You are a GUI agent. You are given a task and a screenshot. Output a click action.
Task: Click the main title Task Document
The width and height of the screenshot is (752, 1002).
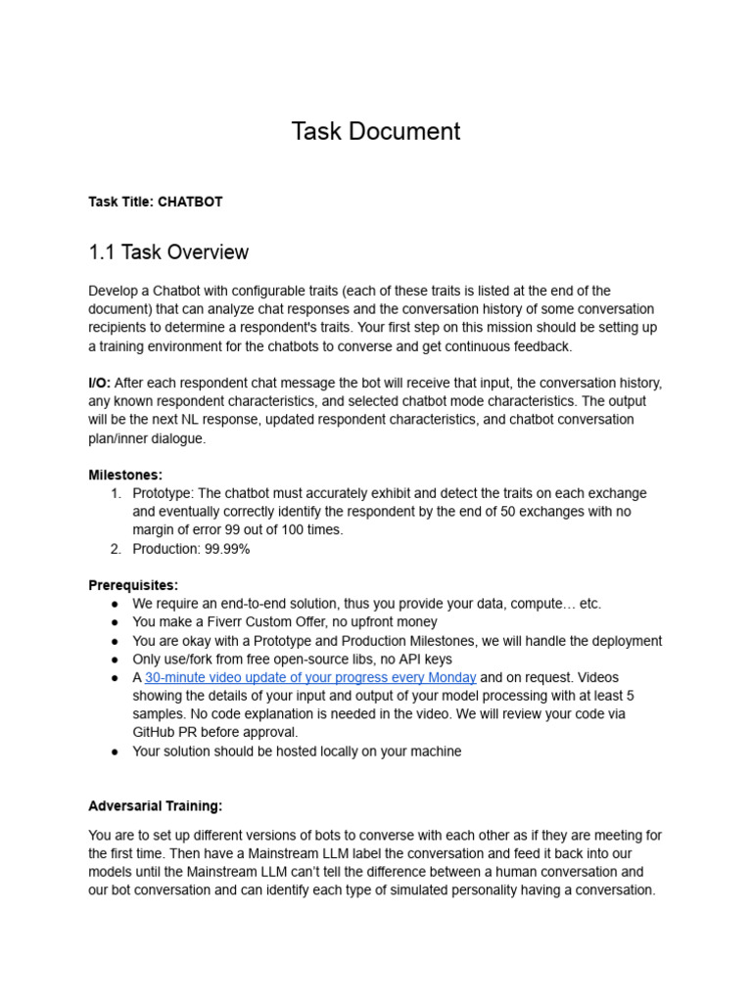coord(376,131)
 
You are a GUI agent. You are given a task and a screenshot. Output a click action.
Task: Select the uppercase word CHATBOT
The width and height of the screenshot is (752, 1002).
coord(191,203)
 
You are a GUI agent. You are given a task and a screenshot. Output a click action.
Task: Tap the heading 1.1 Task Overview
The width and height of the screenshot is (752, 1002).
coord(168,252)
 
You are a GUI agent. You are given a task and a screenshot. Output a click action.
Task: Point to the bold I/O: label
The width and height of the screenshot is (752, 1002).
coord(100,383)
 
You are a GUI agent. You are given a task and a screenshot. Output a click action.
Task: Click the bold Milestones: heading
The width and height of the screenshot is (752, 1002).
coord(125,475)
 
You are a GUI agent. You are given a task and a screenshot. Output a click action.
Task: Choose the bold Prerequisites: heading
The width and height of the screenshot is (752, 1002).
coord(133,585)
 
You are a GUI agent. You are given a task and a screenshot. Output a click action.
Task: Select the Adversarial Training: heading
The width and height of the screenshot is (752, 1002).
coord(156,806)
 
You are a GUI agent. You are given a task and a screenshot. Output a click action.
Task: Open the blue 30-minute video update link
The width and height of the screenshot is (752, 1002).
coord(310,677)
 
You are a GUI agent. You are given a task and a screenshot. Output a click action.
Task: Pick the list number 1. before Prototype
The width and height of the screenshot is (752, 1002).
coord(117,493)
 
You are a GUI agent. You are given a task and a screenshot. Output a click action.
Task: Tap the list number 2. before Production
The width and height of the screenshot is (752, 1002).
coord(117,549)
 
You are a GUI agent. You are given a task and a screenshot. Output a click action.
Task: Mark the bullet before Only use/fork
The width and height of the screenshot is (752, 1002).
coord(115,660)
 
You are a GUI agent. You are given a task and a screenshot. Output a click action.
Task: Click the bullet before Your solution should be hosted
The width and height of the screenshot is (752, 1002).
coord(115,751)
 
